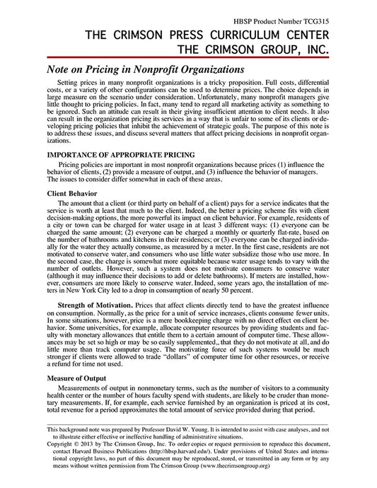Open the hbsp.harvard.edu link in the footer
(x=207, y=446)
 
